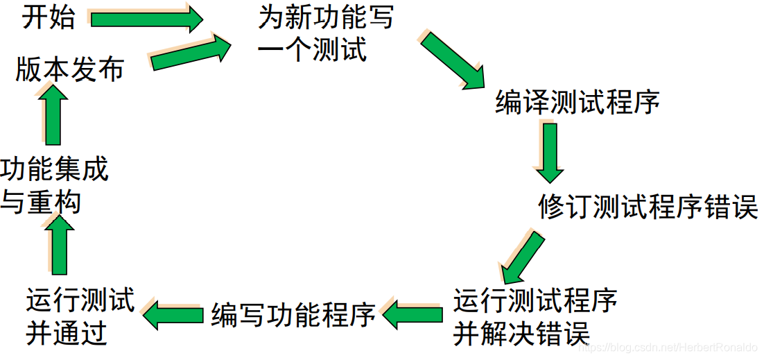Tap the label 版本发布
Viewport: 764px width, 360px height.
[69, 69]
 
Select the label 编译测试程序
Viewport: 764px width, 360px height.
[577, 103]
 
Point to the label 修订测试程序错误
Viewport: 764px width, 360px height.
[648, 206]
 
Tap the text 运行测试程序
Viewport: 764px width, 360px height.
[535, 301]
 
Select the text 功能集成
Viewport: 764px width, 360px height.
[55, 169]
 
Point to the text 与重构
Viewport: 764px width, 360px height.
[41, 202]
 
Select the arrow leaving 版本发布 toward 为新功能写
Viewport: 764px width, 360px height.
[191, 53]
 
